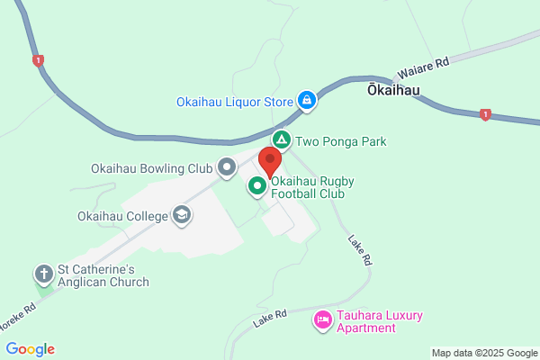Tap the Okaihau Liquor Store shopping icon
(307, 101)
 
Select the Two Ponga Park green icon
(282, 140)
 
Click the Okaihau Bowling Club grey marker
(227, 167)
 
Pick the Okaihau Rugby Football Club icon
(256, 186)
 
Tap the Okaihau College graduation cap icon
(183, 215)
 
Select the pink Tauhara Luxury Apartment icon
(322, 319)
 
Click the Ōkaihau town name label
(394, 90)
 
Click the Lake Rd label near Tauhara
(269, 315)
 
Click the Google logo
(30, 349)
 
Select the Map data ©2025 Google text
(482, 353)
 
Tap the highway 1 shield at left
(38, 60)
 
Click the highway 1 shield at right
(485, 114)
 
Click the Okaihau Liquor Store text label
(235, 102)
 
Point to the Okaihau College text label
(123, 216)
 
